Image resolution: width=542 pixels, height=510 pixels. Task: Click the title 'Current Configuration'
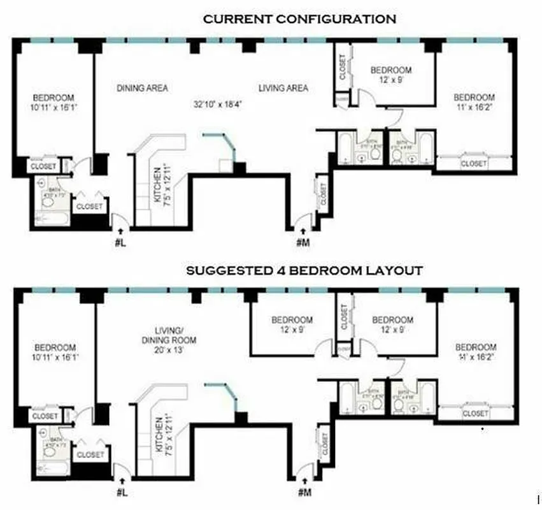(x=299, y=19)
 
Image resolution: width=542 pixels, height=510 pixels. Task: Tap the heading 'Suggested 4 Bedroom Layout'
(x=304, y=270)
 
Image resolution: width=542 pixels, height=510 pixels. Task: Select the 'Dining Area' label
(x=142, y=88)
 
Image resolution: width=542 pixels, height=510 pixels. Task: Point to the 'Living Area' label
(x=283, y=88)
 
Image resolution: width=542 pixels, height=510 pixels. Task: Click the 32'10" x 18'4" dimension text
(x=217, y=103)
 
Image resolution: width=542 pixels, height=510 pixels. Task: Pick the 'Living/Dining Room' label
(x=175, y=335)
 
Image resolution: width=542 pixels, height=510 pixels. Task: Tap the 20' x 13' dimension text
(x=175, y=350)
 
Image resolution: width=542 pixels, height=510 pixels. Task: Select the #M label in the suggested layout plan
(x=304, y=492)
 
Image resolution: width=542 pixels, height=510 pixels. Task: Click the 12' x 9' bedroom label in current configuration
(x=391, y=75)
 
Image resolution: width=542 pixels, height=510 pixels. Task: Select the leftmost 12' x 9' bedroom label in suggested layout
(x=292, y=325)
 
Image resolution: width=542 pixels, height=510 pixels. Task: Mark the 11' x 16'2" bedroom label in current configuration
(x=473, y=103)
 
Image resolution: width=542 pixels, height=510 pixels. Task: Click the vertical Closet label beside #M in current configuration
(x=323, y=194)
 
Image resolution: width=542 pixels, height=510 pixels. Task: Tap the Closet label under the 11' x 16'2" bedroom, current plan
(x=473, y=164)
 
